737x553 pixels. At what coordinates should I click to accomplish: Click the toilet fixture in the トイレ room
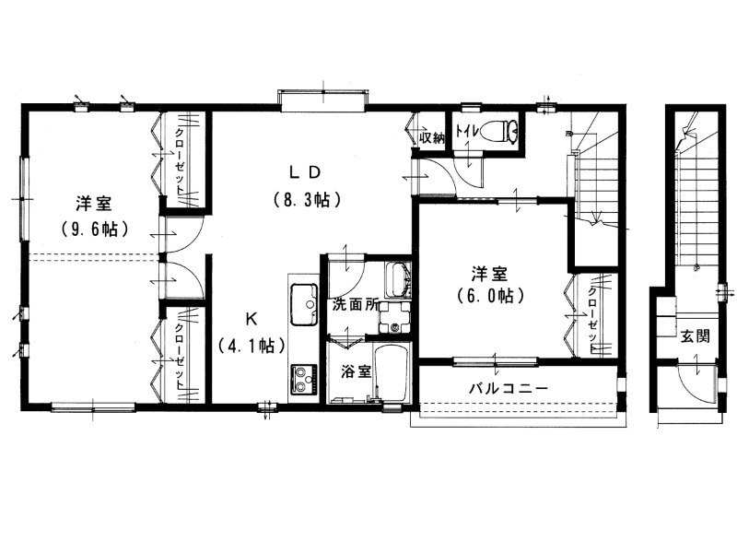[504, 130]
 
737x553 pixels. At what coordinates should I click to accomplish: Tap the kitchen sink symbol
[304, 304]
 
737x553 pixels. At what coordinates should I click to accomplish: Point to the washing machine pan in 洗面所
[394, 317]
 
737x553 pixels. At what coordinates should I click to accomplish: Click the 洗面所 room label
[355, 305]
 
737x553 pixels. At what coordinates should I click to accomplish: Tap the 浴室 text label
[357, 371]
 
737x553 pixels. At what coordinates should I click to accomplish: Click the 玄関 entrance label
[695, 336]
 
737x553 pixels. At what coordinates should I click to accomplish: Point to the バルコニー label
[509, 389]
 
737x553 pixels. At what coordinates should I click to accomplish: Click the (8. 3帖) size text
[307, 201]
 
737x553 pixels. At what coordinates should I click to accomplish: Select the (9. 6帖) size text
[95, 229]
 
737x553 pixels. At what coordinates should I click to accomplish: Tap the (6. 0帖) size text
[490, 296]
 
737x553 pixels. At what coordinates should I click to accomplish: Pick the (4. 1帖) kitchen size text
[252, 347]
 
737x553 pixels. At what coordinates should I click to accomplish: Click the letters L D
[305, 172]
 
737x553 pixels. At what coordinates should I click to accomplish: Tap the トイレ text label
[467, 131]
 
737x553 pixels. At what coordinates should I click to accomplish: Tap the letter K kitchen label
[251, 320]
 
